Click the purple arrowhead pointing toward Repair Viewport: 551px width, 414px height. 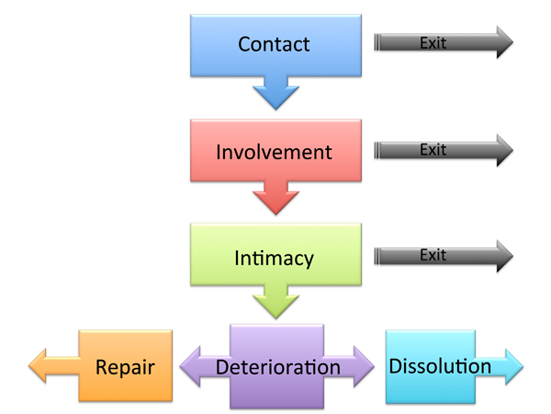point(195,366)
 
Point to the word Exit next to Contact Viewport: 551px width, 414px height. point(433,42)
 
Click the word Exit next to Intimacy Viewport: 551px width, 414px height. point(433,257)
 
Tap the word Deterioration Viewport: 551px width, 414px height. point(277,367)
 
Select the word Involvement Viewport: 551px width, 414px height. point(274,151)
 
